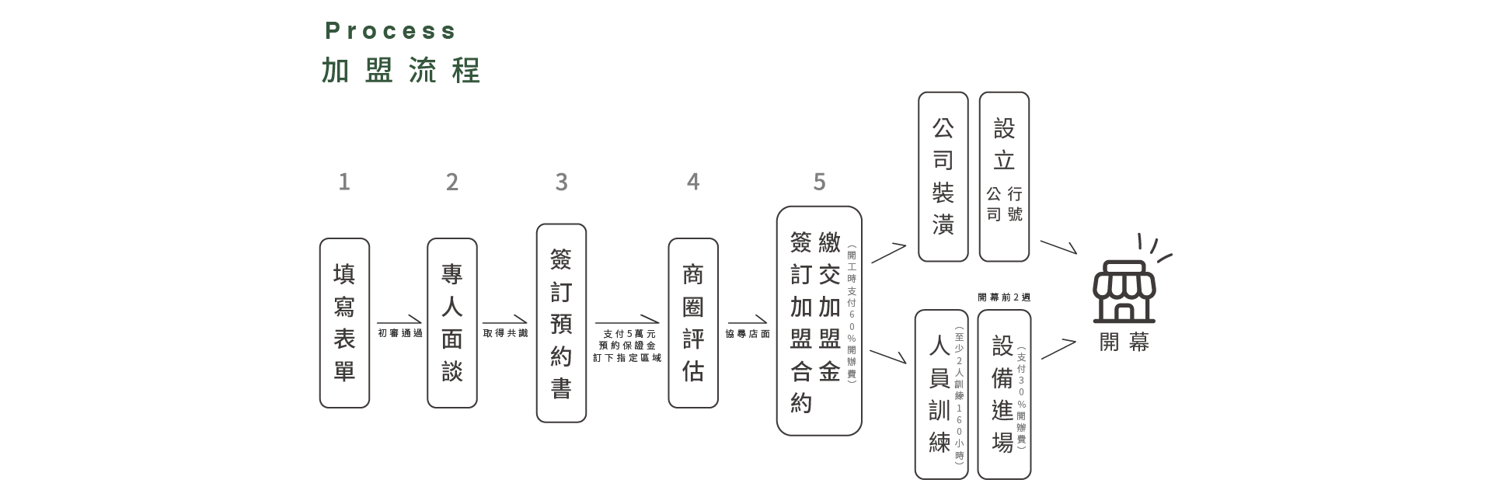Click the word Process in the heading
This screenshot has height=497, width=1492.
[390, 31]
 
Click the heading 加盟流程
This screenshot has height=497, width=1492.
[401, 71]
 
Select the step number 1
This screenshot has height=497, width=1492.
[344, 182]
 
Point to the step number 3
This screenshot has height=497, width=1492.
[561, 182]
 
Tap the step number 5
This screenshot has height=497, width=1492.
[819, 182]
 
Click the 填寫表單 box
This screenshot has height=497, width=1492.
[344, 323]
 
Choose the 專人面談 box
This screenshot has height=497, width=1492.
[452, 323]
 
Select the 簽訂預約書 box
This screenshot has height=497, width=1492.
[561, 323]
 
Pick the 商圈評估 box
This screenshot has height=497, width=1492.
[693, 323]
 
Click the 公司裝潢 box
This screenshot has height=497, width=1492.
[943, 177]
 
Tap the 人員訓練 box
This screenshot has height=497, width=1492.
[941, 394]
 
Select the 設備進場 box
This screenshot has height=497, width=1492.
[1004, 394]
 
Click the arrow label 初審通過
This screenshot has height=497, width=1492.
[400, 334]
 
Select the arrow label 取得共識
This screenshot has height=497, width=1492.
[505, 334]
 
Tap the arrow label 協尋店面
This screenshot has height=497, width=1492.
[748, 334]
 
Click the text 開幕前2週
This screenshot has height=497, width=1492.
[1004, 297]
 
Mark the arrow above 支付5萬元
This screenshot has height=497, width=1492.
[627, 321]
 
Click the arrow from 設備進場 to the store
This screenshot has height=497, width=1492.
[1058, 349]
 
